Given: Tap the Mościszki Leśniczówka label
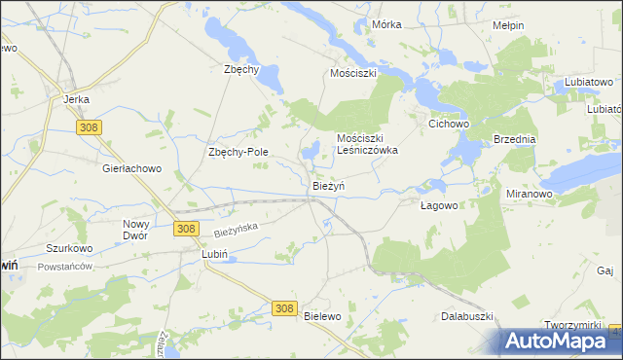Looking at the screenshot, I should (x=367, y=144).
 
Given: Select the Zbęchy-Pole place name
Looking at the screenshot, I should (x=238, y=152).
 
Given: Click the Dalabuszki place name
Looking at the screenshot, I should (x=468, y=316).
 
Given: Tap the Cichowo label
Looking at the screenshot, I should (x=450, y=125).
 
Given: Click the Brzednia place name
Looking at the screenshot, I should (x=515, y=139).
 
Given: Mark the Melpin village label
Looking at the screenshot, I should (x=508, y=25).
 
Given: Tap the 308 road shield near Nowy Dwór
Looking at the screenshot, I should (x=187, y=229).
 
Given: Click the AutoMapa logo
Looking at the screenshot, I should (x=561, y=341).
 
